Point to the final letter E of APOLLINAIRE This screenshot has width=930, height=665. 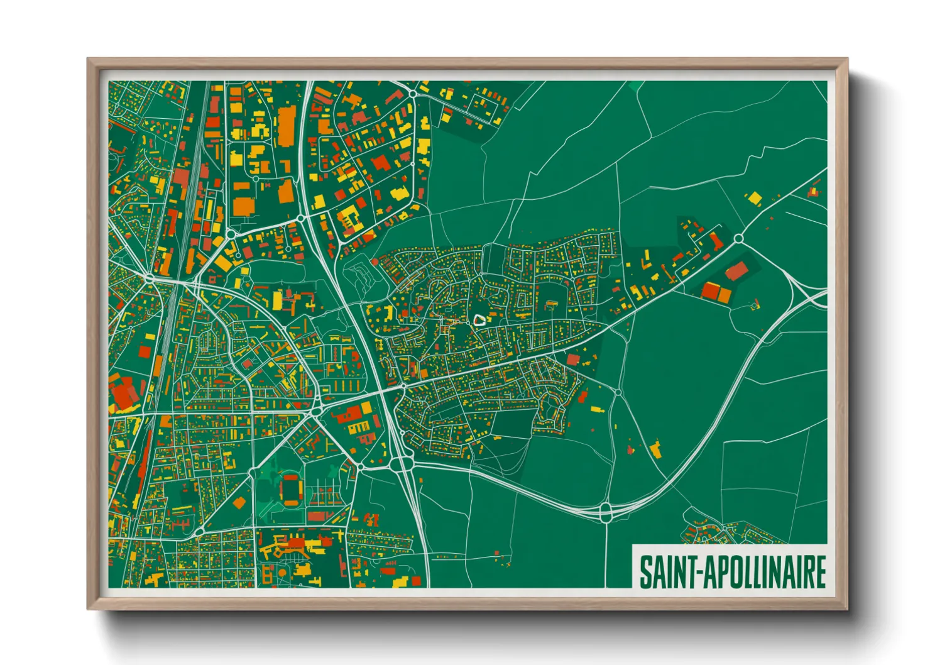point(819,571)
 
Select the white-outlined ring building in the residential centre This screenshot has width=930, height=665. point(479,319)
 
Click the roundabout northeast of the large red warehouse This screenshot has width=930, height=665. point(738,238)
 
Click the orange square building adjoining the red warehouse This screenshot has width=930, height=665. point(725,295)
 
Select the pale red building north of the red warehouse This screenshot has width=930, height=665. point(736,271)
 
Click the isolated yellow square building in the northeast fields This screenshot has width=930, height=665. point(753,198)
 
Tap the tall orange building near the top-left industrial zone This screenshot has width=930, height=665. point(287,126)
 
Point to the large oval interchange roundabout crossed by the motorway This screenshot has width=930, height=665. point(400,464)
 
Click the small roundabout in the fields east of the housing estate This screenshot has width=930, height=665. point(618,392)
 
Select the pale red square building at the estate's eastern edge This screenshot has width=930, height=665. point(572,360)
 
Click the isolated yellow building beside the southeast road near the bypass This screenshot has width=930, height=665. point(655,449)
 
